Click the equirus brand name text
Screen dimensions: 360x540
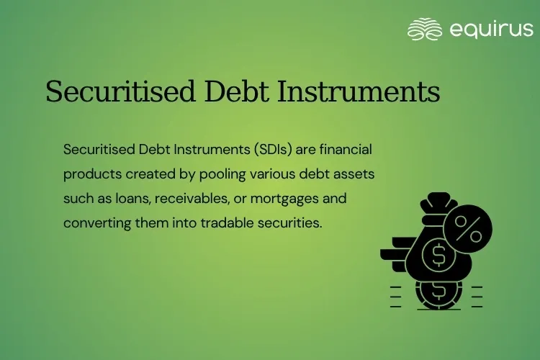point(490,30)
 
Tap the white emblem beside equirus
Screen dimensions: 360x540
point(424,30)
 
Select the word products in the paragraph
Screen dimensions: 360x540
point(89,174)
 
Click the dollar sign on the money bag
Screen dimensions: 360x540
point(436,254)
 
